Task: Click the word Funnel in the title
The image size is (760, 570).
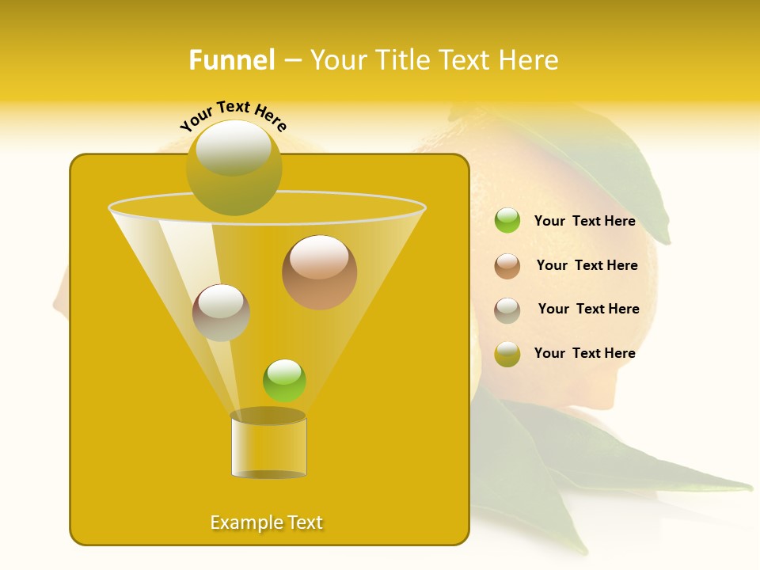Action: [232, 60]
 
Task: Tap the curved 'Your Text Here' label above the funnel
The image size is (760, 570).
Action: [234, 116]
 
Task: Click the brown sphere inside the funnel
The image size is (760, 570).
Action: [319, 272]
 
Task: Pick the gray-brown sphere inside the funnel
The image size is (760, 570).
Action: [221, 313]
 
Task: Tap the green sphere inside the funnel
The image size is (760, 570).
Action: [284, 380]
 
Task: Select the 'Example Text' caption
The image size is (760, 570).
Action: [267, 522]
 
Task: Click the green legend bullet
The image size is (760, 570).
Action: [507, 221]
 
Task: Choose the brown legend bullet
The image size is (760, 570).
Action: [507, 266]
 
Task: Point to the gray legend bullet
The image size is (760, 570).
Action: [507, 310]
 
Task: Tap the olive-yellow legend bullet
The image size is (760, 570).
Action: [507, 354]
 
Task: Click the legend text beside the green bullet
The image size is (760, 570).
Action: [584, 221]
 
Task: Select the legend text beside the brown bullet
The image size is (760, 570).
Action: [587, 265]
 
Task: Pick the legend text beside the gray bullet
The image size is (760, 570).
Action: [588, 309]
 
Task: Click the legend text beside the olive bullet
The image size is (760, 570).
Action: [584, 353]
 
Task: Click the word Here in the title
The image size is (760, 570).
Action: [530, 60]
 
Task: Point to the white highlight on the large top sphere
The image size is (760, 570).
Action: [233, 146]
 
